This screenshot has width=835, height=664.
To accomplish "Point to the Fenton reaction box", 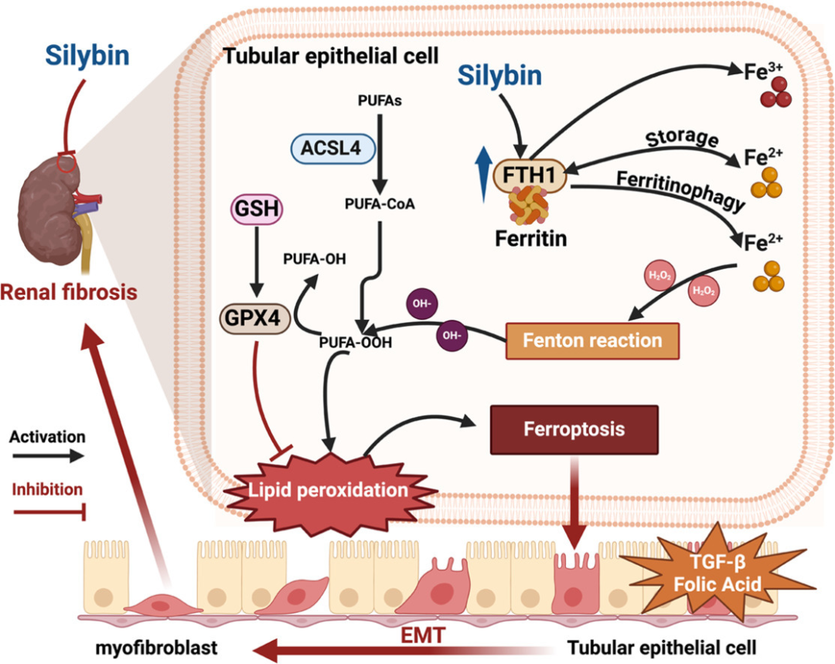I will [591, 340].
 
